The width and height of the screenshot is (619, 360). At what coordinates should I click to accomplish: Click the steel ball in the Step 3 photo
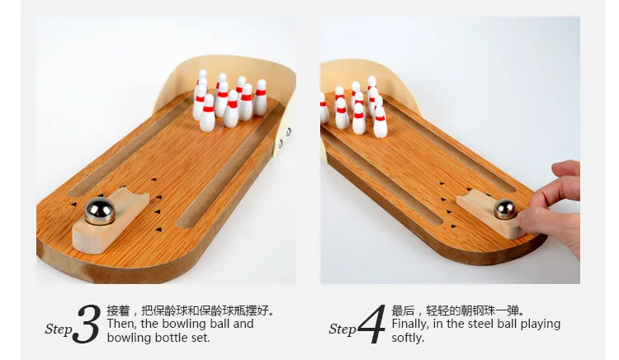tap(100, 212)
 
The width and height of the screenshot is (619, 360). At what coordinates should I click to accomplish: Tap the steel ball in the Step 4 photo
tap(504, 210)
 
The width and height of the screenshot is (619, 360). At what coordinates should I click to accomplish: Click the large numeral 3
tap(87, 324)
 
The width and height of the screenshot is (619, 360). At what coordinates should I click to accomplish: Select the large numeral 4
tap(372, 324)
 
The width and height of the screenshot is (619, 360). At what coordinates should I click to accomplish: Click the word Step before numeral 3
tap(59, 329)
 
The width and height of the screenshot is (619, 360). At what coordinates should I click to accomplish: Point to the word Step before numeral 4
tap(343, 329)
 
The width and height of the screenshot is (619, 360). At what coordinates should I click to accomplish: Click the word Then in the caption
tap(120, 324)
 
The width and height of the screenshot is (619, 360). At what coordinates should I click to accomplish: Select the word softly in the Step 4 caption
tap(408, 338)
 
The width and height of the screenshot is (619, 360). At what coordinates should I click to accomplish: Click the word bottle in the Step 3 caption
tap(170, 338)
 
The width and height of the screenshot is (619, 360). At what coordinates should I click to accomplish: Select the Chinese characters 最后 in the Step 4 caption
tap(402, 311)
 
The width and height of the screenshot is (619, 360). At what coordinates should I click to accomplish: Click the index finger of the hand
tap(568, 171)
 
